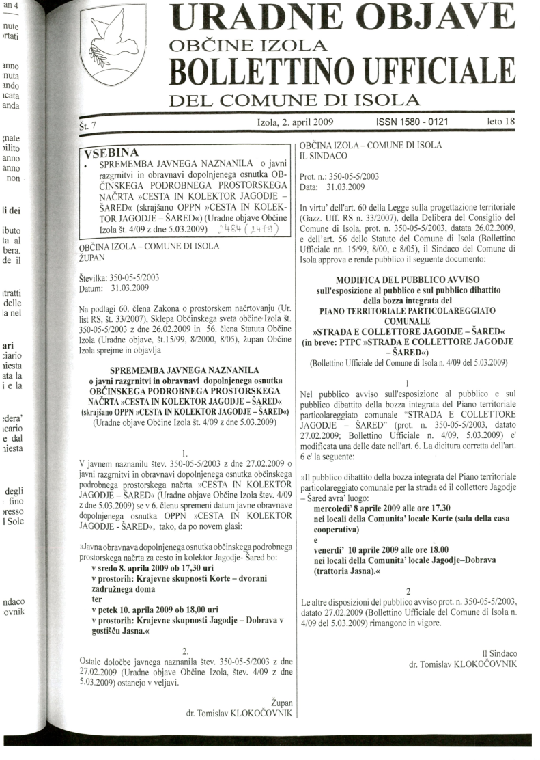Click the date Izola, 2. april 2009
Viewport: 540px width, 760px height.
click(x=295, y=122)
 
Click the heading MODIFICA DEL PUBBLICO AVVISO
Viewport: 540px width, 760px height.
click(x=408, y=280)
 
